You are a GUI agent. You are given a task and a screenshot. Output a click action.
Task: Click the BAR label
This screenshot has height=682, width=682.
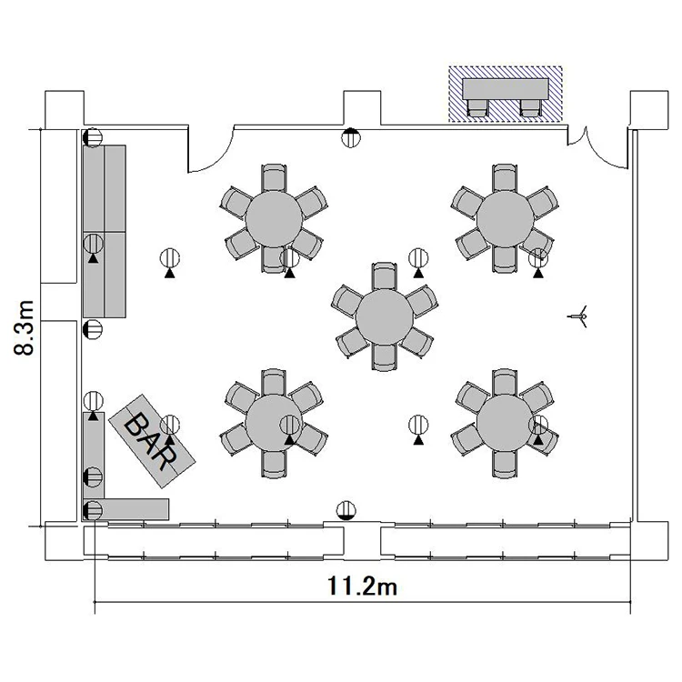[x=151, y=441]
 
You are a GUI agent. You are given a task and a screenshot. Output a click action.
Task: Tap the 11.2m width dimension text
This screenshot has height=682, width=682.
[x=362, y=587]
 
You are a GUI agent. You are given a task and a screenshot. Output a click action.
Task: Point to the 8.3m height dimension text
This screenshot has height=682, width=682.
[x=24, y=327]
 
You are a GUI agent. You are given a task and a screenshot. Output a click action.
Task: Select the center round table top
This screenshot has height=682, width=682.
[x=385, y=317]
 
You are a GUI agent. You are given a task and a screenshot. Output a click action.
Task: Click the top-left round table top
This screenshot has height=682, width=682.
[x=274, y=219]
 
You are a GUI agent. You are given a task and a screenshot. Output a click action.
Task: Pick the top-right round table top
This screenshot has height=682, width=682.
[x=505, y=219]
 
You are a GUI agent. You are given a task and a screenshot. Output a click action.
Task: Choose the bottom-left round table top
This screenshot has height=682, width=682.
[x=274, y=423]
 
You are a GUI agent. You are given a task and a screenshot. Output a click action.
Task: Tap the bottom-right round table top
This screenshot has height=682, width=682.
[x=505, y=423]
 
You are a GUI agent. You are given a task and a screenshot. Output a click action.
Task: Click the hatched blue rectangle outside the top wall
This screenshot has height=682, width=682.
[x=506, y=94]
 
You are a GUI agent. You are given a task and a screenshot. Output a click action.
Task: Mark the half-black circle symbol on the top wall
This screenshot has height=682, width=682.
[x=351, y=137]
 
